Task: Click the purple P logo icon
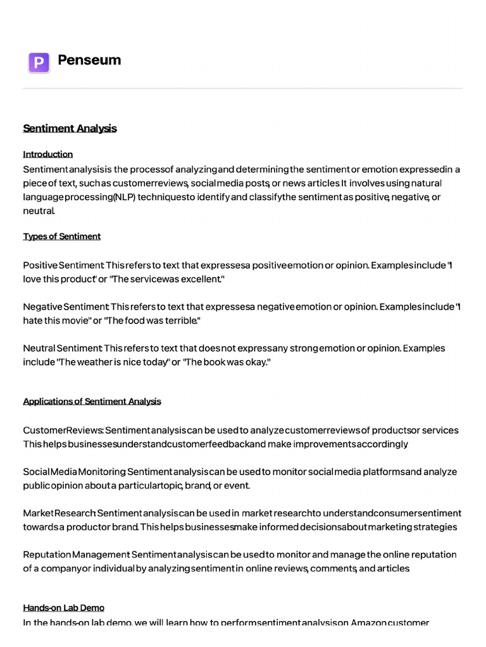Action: coord(39,63)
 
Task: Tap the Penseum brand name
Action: coord(89,60)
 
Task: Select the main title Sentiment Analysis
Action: coord(70,128)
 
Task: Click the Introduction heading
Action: coord(48,154)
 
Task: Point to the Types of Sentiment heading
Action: coord(62,236)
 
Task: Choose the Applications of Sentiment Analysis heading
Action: coord(92,401)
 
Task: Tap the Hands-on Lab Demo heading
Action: coord(64,608)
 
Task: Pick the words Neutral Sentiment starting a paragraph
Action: coord(62,348)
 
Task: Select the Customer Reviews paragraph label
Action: coord(63,430)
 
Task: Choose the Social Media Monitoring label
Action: coord(73,471)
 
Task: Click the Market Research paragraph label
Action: coord(59,512)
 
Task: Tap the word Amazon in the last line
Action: coord(370,622)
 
